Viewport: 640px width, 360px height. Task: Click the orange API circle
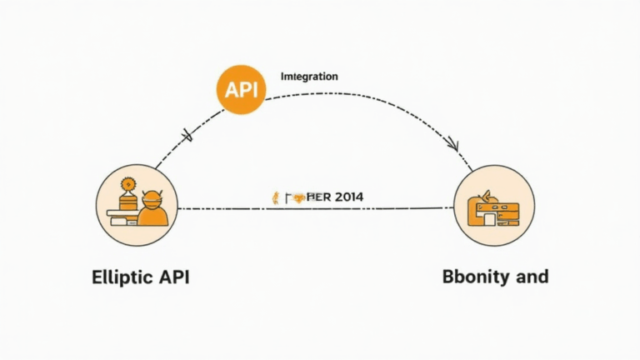(241, 88)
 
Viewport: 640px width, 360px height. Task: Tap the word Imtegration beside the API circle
(309, 76)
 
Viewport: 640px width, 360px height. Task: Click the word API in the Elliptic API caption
(173, 277)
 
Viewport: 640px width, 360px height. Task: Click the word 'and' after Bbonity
(531, 277)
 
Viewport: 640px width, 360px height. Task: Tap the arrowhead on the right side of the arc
(452, 143)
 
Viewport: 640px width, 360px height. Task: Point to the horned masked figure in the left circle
(153, 211)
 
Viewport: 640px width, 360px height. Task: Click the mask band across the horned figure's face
(153, 202)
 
